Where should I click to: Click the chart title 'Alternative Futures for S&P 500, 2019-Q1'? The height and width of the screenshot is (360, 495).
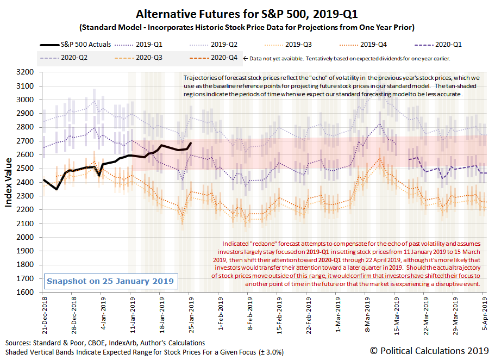tap(247, 14)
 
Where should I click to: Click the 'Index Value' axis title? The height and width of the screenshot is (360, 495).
tap(9, 182)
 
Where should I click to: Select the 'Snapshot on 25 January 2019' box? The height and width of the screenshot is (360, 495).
tap(110, 281)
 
